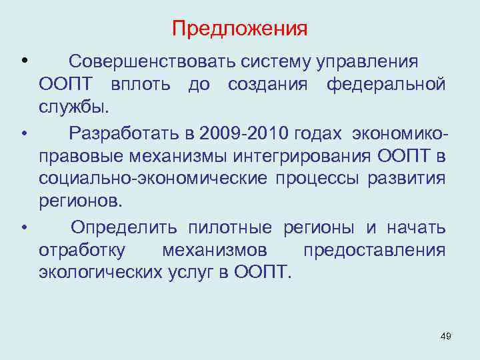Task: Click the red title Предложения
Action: pos(239,29)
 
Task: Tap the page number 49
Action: pos(446,337)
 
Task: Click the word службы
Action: pos(73,107)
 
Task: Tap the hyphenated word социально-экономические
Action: pos(153,179)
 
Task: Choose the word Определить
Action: pos(124,227)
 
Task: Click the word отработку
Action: pos(81,250)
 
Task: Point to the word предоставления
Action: pos(374,250)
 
